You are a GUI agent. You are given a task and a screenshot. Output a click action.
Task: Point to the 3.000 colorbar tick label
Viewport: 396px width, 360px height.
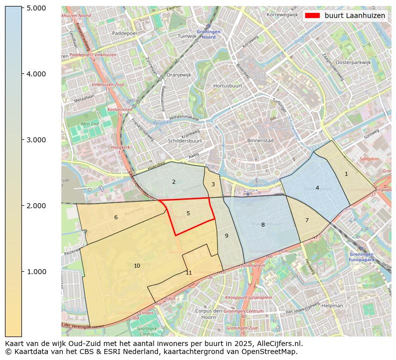pyautogui.click(x=36, y=140)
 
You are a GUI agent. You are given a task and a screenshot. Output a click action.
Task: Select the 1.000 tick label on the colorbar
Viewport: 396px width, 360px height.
pyautogui.click(x=36, y=272)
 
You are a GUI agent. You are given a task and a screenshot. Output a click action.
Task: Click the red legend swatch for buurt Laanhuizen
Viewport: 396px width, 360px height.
pyautogui.click(x=312, y=15)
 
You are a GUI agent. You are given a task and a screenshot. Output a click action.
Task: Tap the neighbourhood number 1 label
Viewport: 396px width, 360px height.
pyautogui.click(x=346, y=174)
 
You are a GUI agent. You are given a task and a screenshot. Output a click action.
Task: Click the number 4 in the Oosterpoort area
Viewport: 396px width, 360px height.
pyautogui.click(x=317, y=188)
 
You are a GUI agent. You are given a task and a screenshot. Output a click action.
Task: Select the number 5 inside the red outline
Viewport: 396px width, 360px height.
pyautogui.click(x=188, y=213)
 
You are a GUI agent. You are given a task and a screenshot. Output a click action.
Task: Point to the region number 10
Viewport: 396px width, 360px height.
pyautogui.click(x=137, y=266)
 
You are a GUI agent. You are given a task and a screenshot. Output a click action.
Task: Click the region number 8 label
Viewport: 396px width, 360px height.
pyautogui.click(x=263, y=225)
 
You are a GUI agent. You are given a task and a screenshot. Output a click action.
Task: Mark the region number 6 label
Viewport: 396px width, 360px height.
pyautogui.click(x=116, y=217)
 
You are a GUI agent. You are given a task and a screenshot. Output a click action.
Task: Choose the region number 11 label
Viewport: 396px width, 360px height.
pyautogui.click(x=189, y=273)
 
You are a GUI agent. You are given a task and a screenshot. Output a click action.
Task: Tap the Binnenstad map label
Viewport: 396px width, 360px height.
pyautogui.click(x=260, y=141)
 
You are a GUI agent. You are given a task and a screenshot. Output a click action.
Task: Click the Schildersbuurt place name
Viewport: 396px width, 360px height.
pyautogui.click(x=185, y=141)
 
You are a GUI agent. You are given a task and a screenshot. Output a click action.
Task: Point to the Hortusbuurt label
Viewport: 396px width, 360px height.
pyautogui.click(x=227, y=86)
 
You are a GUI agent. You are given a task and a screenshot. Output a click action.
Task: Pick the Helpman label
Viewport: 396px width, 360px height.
pyautogui.click(x=333, y=305)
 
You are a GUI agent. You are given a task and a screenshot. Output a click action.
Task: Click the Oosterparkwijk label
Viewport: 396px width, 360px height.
pyautogui.click(x=354, y=62)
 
